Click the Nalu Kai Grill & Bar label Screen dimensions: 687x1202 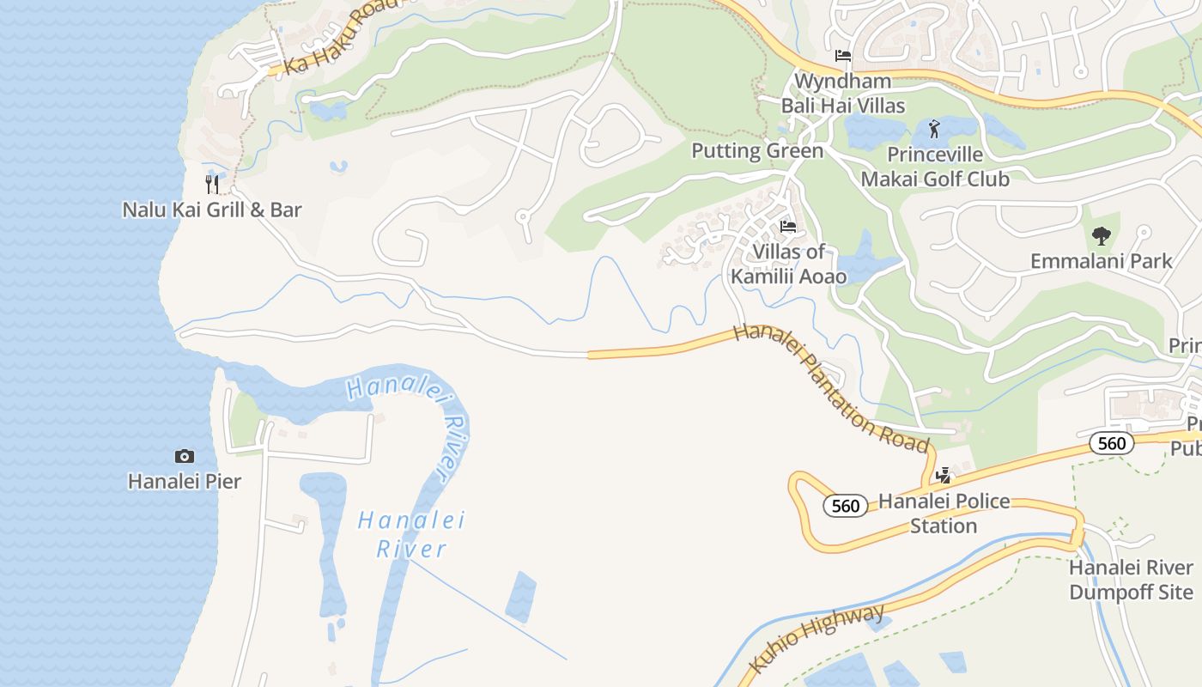tap(211, 210)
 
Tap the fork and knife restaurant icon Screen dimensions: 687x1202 tap(212, 184)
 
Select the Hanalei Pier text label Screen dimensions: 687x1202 tap(184, 481)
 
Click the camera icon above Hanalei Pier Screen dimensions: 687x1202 tap(184, 456)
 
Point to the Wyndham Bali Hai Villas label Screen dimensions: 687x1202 tap(842, 94)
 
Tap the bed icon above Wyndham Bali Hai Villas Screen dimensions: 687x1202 tap(843, 56)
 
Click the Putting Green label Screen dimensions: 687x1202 tap(757, 151)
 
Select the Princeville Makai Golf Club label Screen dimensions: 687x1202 tap(935, 167)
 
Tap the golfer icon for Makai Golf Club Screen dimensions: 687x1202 tap(934, 130)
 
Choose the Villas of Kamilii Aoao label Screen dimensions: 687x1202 tap(788, 264)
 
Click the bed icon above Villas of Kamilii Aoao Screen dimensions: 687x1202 tap(787, 227)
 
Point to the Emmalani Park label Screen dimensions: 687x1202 tap(1101, 261)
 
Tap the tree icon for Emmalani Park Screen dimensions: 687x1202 tap(1101, 235)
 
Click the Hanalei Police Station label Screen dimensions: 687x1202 tap(944, 513)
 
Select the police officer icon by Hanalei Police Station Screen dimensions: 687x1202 tap(944, 475)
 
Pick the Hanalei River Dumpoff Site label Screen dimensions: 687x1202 tap(1131, 580)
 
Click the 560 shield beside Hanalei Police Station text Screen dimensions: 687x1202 tap(846, 506)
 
